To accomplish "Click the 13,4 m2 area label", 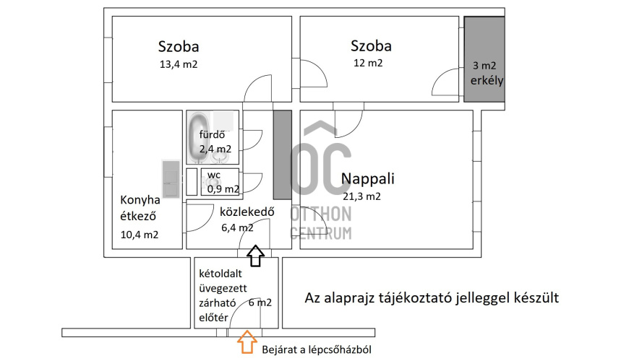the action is coord(179,64).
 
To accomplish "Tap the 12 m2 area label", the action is coord(368,63).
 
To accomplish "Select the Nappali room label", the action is coord(368,178).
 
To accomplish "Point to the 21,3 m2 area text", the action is coord(361,196).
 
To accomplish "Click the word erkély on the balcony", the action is coord(487,81).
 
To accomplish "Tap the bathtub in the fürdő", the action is coord(199,137).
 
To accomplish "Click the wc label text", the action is coord(214,175).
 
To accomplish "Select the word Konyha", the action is coord(140,200).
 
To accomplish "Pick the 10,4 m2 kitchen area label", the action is coord(140,235).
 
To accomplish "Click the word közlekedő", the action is coord(247,212).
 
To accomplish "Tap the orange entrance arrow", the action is coord(247,342).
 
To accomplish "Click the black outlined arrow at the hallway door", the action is coord(255,256).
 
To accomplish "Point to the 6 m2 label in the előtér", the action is coord(260,303).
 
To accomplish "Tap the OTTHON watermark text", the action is coord(321,214).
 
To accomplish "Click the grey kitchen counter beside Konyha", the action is coord(171,179).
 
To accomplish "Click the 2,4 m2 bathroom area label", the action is coord(215,149).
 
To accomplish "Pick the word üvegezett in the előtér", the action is coord(223,288).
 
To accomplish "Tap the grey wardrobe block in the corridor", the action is coord(283,155).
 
